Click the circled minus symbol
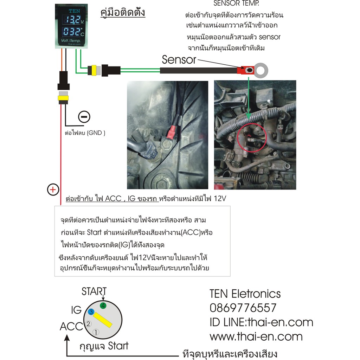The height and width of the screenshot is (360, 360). point(84,117)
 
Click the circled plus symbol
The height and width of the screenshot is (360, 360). point(53,189)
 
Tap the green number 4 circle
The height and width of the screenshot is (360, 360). point(103,306)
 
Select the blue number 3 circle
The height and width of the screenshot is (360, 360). point(91,312)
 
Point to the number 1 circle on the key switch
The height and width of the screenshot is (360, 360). point(96,332)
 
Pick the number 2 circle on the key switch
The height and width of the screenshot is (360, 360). point(88,324)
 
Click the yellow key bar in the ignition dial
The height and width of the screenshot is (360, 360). point(102,320)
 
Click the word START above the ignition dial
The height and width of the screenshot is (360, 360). point(94,291)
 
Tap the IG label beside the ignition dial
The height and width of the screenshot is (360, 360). point(76,310)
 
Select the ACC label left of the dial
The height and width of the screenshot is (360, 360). point(71,326)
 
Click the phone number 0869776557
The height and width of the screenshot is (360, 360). point(243,308)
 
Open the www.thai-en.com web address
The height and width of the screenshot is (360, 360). point(256,336)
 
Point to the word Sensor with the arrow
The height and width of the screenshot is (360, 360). point(179,60)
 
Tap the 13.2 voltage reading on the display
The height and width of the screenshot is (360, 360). point(72,20)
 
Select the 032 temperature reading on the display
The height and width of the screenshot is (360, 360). point(72,31)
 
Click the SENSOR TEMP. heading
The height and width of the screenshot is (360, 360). point(236,3)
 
